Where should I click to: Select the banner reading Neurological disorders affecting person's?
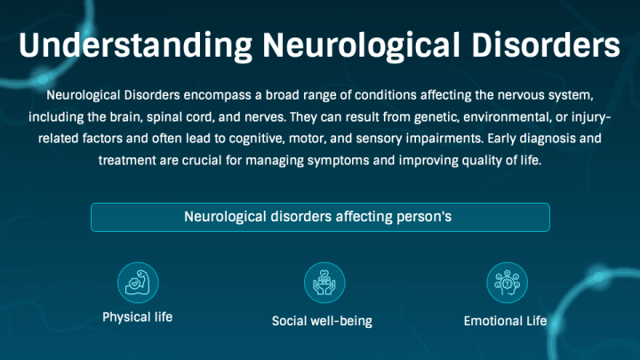point(320,217)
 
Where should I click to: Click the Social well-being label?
point(322,321)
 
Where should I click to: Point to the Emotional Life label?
point(505,321)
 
